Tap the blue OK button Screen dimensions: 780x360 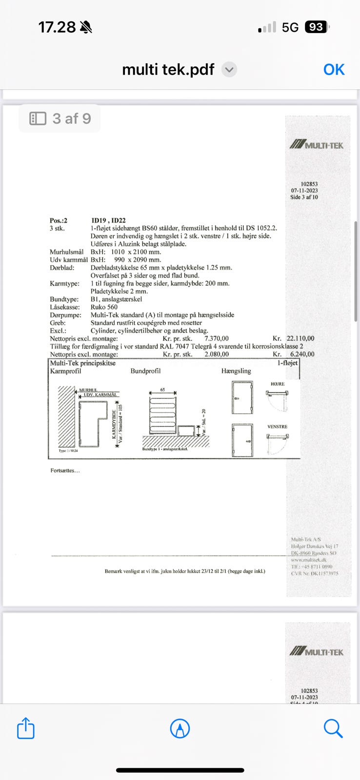pos(334,70)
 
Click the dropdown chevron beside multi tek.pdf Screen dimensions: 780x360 pos(229,70)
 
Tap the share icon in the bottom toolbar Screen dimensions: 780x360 pos(25,729)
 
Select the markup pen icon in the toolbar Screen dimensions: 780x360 pos(180,729)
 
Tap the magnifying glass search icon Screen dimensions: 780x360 pos(333,729)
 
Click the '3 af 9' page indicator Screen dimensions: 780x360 pos(60,118)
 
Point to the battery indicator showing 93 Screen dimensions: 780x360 pos(316,27)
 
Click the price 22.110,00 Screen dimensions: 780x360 pos(300,338)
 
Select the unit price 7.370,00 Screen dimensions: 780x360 pos(216,338)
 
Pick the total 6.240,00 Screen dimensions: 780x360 pos(302,354)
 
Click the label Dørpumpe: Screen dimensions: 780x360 pos(64,315)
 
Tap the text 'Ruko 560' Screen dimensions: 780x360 pos(104,307)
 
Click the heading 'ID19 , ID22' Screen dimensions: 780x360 pos(108,220)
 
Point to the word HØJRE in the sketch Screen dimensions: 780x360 pos(278,384)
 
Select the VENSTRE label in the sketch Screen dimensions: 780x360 pos(277,427)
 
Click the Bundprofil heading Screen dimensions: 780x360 pos(145,371)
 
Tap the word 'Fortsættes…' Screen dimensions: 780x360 pos(65,470)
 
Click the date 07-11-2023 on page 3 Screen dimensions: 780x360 pos(304,191)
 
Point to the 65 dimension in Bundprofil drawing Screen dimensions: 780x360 pos(162,390)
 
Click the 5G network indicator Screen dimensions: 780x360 pos(290,27)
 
